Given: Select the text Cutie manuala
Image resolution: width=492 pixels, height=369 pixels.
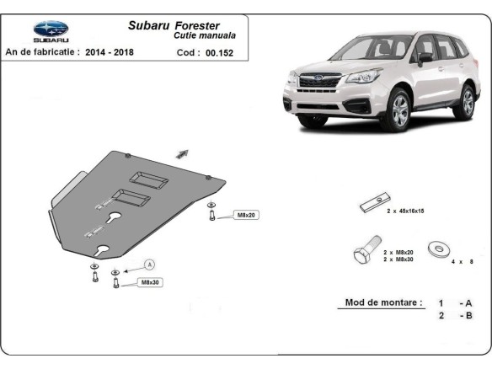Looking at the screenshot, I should point(205,36).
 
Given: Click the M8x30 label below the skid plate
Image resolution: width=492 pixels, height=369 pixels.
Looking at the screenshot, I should point(149,282).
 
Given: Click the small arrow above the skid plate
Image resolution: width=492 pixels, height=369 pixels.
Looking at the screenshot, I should point(182,152).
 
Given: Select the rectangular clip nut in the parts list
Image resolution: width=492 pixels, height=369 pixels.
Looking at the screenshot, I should point(372,205).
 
